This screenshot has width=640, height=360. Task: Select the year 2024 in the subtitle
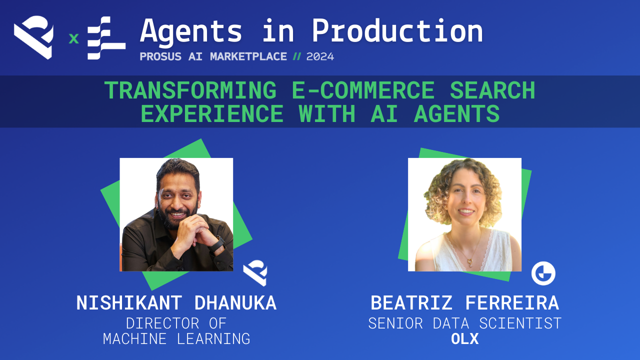[320, 56]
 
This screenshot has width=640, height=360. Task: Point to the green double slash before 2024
[297, 56]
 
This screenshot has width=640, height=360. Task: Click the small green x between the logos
[73, 38]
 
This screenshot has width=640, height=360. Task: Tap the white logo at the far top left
[33, 37]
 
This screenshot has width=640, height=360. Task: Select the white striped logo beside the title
[105, 38]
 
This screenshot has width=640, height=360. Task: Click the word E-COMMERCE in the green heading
[363, 91]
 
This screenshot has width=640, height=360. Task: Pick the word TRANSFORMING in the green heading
[190, 91]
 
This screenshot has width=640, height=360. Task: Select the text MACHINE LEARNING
[176, 338]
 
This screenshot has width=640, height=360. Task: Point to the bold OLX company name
[464, 339]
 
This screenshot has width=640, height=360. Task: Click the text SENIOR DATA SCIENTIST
[464, 323]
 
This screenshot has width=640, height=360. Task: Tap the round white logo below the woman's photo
[543, 273]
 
